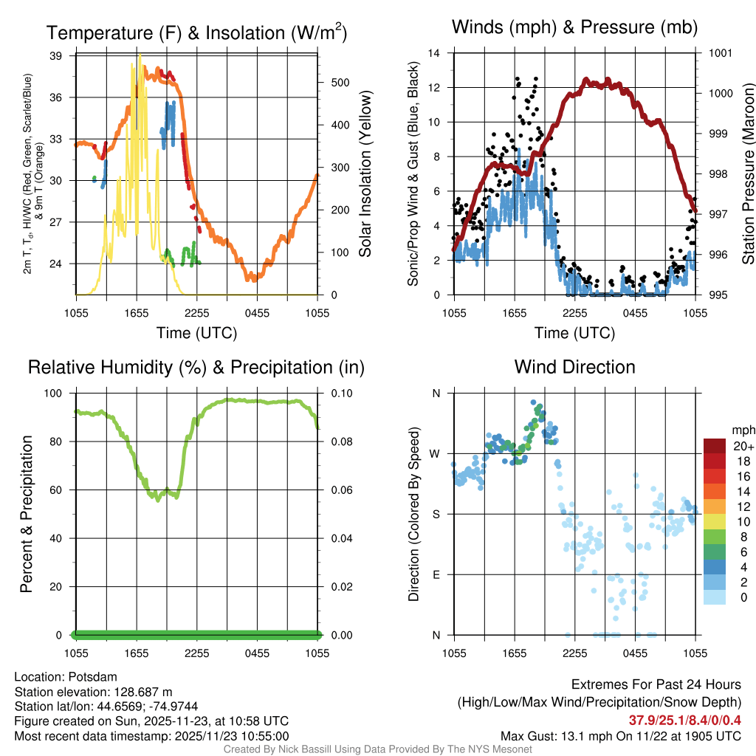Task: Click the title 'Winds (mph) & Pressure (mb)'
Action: [x=574, y=28]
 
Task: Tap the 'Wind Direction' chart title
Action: [x=574, y=367]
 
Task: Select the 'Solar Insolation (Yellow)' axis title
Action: [x=365, y=174]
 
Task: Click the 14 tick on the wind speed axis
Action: [x=434, y=53]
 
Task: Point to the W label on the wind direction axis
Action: [x=436, y=453]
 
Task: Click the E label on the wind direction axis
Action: [x=436, y=574]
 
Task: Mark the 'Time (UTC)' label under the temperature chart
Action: [x=196, y=333]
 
